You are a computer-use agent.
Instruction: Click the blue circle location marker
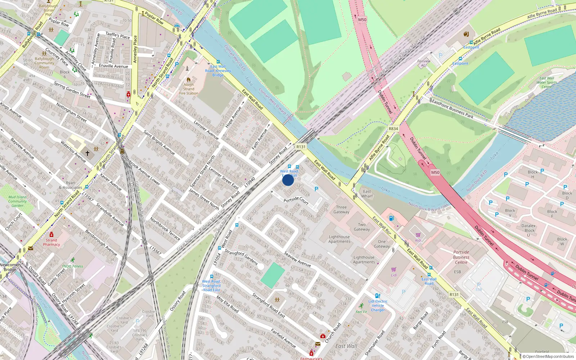pyautogui.click(x=288, y=180)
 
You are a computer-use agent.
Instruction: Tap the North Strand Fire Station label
pyautogui.click(x=189, y=89)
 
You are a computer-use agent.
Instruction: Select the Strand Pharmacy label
pyautogui.click(x=51, y=242)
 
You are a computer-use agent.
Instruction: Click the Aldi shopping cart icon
pyautogui.click(x=418, y=235)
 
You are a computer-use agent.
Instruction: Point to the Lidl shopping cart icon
pyautogui.click(x=394, y=269)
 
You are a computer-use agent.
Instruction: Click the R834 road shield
pyautogui.click(x=393, y=129)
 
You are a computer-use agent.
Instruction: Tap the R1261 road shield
pyautogui.click(x=454, y=294)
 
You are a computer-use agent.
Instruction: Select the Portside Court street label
pyautogui.click(x=296, y=200)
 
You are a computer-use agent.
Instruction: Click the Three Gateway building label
pyautogui.click(x=341, y=210)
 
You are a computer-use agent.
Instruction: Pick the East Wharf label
pyautogui.click(x=367, y=194)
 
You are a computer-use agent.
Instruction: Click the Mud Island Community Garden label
pyautogui.click(x=17, y=201)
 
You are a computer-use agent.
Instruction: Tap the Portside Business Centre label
pyautogui.click(x=461, y=257)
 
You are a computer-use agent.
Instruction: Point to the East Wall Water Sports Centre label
pyautogui.click(x=546, y=82)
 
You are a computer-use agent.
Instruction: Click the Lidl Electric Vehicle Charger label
pyautogui.click(x=378, y=306)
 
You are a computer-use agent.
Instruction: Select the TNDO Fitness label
pyautogui.click(x=72, y=266)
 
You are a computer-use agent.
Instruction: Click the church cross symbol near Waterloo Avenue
pyautogui.click(x=87, y=153)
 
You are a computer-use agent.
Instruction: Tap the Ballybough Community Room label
pyautogui.click(x=44, y=63)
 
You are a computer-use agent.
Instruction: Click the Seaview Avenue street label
pyautogui.click(x=297, y=259)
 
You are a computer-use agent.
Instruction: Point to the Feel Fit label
pyautogui.click(x=361, y=312)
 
